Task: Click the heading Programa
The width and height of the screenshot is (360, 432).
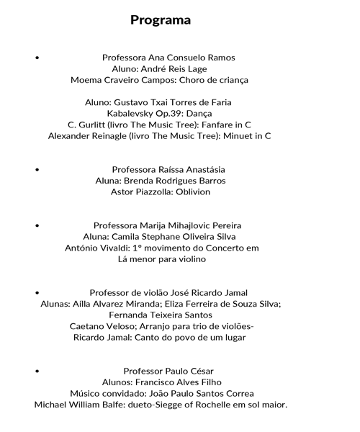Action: click(161, 19)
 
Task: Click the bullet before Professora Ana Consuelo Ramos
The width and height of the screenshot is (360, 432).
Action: click(37, 56)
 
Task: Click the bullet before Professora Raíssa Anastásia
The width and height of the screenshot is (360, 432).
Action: click(37, 168)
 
